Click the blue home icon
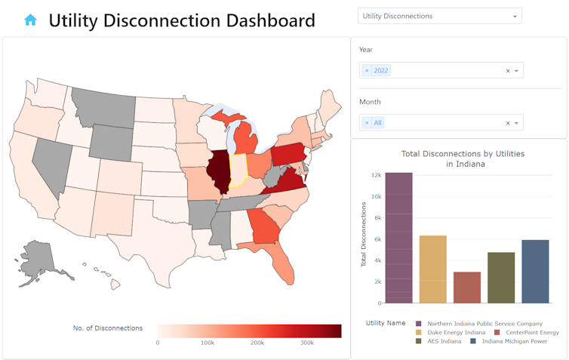[30, 20]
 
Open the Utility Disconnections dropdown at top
[439, 16]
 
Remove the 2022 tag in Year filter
[367, 70]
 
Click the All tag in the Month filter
[377, 122]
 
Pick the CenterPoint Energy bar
[467, 287]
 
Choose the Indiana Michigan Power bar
[535, 271]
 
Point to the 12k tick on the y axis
[375, 175]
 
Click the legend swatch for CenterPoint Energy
[497, 332]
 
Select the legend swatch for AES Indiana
[419, 341]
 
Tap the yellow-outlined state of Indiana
[238, 173]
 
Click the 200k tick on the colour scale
[257, 343]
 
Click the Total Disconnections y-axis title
[363, 238]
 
